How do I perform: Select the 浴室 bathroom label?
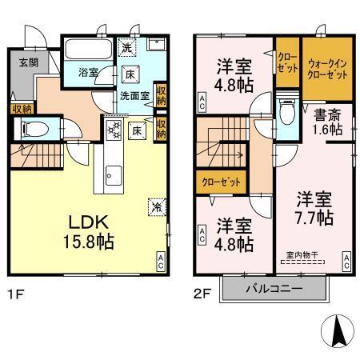[x=87, y=73]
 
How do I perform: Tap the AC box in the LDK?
[x=160, y=259]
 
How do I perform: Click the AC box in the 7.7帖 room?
[x=346, y=259]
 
